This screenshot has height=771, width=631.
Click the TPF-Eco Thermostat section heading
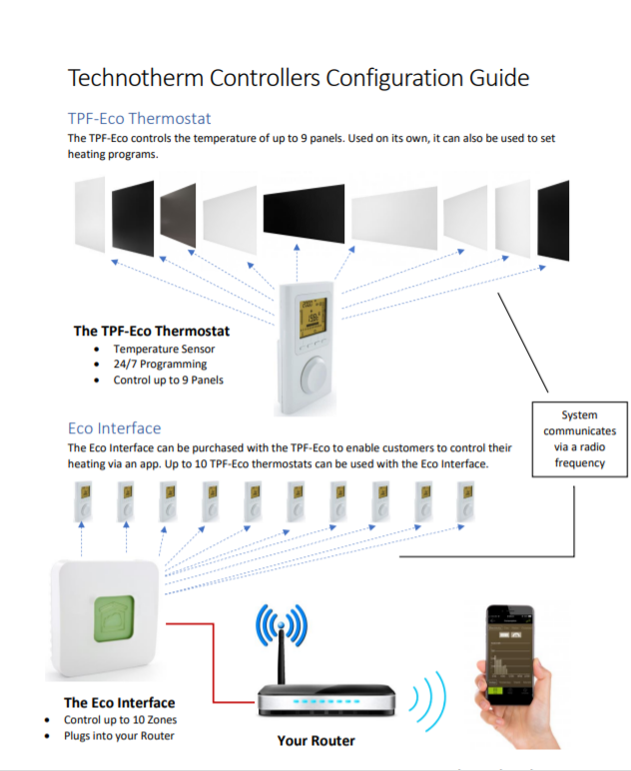pyautogui.click(x=139, y=118)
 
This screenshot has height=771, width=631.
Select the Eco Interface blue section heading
pyautogui.click(x=114, y=428)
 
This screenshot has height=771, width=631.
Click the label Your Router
pyautogui.click(x=315, y=741)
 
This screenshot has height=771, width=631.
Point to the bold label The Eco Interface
pyautogui.click(x=119, y=702)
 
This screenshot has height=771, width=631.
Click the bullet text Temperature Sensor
pyautogui.click(x=164, y=349)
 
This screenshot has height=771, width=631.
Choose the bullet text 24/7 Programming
pyautogui.click(x=160, y=364)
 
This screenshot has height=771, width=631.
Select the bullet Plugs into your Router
pyautogui.click(x=119, y=736)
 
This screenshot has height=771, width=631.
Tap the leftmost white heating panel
pyautogui.click(x=89, y=215)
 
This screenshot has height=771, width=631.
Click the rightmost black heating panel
pyautogui.click(x=554, y=221)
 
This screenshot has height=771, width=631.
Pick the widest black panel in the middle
pyautogui.click(x=304, y=210)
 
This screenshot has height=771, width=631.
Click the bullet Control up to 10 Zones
pyautogui.click(x=120, y=720)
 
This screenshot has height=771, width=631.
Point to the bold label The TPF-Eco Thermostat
pyautogui.click(x=152, y=331)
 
